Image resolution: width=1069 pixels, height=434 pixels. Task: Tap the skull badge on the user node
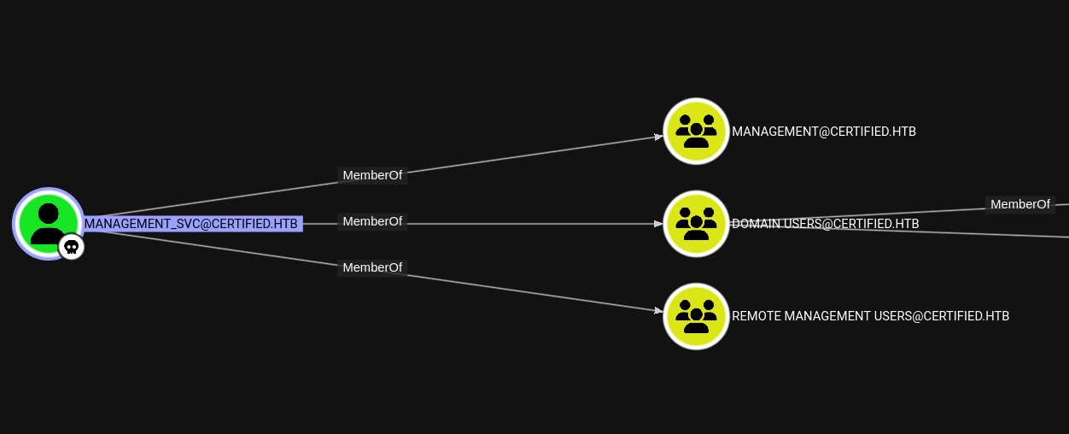[x=72, y=247]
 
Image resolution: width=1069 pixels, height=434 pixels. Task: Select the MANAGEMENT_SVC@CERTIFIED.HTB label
[x=191, y=224]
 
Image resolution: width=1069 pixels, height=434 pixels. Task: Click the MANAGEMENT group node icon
[x=696, y=131]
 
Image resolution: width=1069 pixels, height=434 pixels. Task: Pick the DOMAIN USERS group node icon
[x=696, y=223]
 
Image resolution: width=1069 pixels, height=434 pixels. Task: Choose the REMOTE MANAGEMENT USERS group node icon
[x=696, y=315]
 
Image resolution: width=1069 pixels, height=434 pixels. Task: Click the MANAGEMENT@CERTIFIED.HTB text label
[x=823, y=132]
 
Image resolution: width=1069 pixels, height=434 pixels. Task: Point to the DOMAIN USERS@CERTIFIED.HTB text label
[x=825, y=224]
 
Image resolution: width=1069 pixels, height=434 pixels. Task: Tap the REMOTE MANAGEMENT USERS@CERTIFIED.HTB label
[x=870, y=316]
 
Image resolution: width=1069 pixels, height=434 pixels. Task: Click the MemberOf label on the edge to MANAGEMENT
[x=372, y=175]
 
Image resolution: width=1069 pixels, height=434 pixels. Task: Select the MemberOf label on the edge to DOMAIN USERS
[x=372, y=221]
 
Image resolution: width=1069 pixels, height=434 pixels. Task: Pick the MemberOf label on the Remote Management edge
[x=372, y=267]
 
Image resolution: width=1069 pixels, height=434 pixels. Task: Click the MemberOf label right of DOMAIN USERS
[x=1019, y=204]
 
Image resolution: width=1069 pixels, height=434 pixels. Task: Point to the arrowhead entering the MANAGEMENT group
[x=658, y=136]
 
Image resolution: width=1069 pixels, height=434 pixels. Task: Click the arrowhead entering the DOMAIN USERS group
[x=658, y=224]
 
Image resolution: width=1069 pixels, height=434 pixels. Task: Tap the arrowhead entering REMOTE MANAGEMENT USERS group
[x=658, y=310]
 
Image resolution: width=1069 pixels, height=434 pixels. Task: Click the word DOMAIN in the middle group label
[x=755, y=224]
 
